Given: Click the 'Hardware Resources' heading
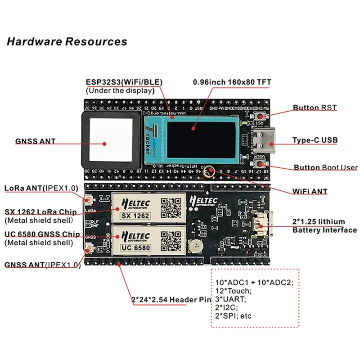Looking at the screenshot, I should pos(67,42).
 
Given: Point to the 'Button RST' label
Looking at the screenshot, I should pos(315,108).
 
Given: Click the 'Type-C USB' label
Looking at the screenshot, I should pos(315,141).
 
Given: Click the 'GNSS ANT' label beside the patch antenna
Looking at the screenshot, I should pos(36,141).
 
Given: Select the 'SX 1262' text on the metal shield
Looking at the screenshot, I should pos(134,215).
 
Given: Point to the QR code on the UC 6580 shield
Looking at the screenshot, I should pos(171,240).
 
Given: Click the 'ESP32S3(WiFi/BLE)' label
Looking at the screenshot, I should pos(124,82).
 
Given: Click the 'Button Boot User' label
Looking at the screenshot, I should pos(325,167).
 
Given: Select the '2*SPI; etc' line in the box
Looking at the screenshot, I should pos(234,316).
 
